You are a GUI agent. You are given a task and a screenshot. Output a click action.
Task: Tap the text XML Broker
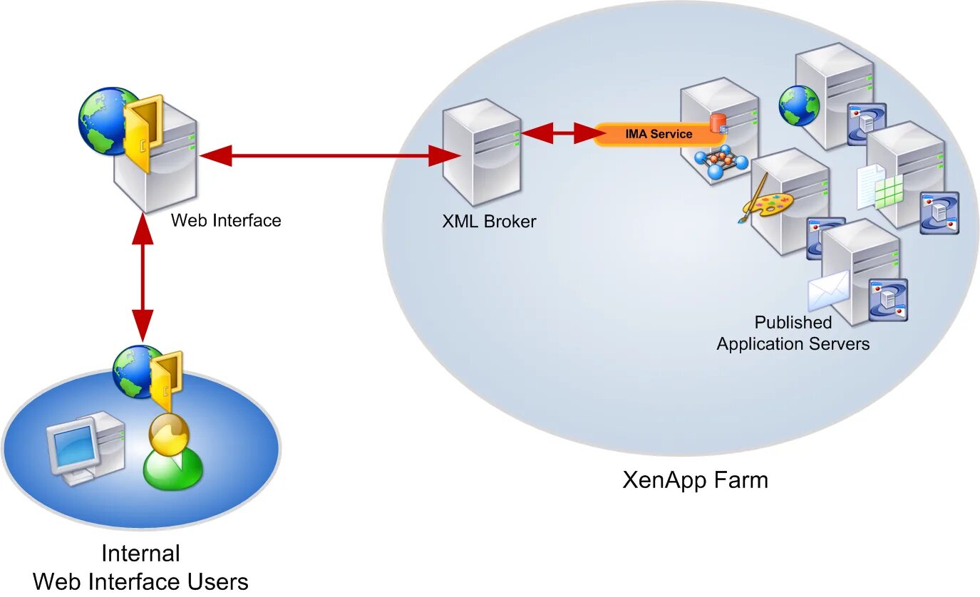point(489,222)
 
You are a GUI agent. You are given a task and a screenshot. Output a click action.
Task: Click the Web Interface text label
point(226,220)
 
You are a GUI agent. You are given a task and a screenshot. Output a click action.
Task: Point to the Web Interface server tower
point(160,167)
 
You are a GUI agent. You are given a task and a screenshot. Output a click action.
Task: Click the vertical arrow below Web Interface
point(143,278)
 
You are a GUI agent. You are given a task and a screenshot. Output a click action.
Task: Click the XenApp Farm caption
point(695,480)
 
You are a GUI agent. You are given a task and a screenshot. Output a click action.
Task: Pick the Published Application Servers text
point(793,333)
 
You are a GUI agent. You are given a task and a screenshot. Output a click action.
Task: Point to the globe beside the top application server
point(799,105)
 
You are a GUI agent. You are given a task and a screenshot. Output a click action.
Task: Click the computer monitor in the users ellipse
point(72,445)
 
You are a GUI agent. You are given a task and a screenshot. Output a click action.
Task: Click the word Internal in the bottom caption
point(140,554)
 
